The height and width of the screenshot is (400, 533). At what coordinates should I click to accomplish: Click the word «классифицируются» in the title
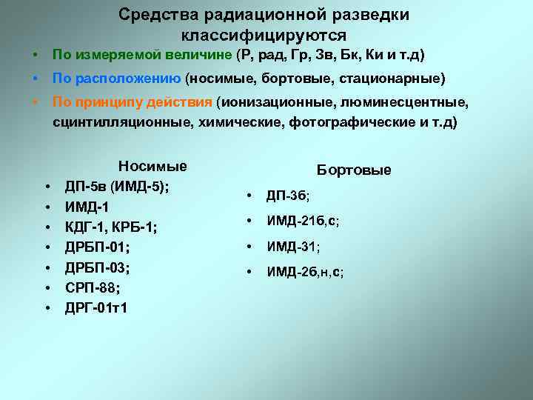(x=264, y=35)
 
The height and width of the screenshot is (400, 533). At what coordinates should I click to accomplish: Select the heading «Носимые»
(x=152, y=166)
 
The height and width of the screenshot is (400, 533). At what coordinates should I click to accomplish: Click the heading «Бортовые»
(x=354, y=170)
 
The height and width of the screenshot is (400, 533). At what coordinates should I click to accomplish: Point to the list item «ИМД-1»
(x=86, y=206)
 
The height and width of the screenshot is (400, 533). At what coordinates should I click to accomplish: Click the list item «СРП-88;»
(x=93, y=286)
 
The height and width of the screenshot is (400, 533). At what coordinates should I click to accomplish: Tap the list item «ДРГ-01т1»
(x=96, y=306)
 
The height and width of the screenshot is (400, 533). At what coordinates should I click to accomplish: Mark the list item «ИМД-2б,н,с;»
(x=305, y=273)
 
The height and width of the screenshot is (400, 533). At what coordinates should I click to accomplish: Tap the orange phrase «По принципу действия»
(x=132, y=102)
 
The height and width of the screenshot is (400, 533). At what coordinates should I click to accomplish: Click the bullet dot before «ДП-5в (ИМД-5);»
(x=47, y=186)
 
